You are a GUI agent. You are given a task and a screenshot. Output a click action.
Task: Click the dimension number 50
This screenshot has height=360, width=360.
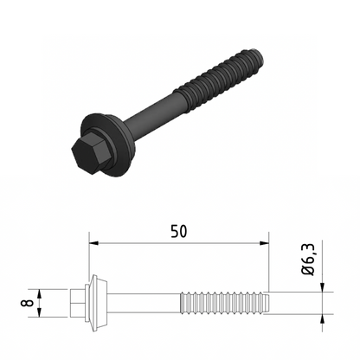(179, 231)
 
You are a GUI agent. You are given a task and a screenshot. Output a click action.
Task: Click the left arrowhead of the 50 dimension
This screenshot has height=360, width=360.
(93, 244)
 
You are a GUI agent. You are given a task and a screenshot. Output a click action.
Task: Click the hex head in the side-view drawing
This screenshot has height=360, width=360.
(77, 304)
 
